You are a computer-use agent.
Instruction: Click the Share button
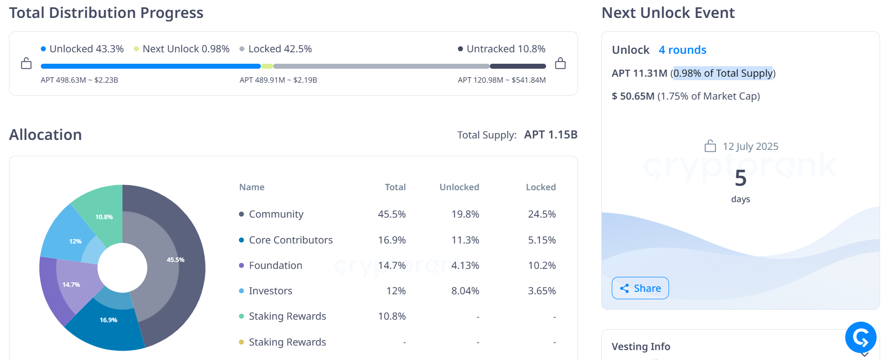coord(640,288)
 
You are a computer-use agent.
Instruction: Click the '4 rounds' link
coord(682,50)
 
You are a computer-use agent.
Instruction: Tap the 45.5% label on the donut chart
coord(175,260)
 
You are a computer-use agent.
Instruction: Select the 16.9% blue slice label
coord(108,320)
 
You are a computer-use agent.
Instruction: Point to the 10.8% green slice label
coord(104,217)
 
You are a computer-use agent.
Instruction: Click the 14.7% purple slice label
coord(71,285)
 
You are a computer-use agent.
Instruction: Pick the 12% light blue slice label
coord(75,241)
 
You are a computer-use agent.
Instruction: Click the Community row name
coord(276,214)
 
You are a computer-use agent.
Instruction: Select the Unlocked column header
coord(459,187)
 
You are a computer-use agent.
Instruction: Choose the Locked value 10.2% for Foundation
coord(542,265)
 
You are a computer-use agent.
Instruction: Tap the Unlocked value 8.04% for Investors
coord(465,291)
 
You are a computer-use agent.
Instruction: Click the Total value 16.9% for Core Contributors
coord(392,240)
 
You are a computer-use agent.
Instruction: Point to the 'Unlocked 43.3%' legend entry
coord(82,49)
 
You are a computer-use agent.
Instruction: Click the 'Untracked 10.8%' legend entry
coord(502,49)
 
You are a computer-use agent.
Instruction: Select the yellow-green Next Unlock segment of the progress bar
coord(267,66)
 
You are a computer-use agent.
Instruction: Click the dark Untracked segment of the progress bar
coord(518,66)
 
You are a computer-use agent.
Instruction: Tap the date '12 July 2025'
coord(750,146)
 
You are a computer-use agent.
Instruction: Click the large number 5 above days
coord(740,178)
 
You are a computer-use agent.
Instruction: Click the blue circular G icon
coord(860,338)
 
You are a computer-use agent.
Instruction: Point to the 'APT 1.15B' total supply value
coord(551,134)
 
